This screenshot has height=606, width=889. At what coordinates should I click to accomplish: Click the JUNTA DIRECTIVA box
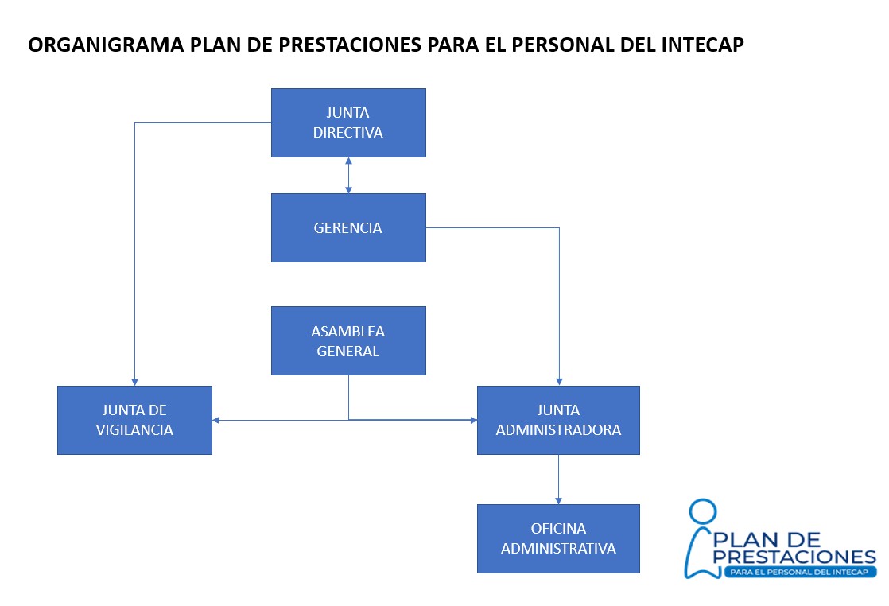click(348, 122)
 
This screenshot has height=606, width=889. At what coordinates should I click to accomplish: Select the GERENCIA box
click(348, 227)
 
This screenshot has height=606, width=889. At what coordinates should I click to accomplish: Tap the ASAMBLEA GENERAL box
click(348, 340)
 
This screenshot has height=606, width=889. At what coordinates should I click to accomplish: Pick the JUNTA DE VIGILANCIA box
click(134, 420)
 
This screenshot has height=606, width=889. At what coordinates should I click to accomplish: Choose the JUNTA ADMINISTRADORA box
click(558, 420)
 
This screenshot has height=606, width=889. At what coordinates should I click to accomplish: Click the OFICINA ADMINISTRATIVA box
click(558, 538)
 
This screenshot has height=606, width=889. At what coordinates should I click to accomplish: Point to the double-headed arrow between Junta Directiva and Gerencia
click(348, 175)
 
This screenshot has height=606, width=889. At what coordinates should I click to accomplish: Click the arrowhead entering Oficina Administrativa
click(558, 499)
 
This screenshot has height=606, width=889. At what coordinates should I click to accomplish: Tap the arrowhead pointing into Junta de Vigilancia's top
click(134, 381)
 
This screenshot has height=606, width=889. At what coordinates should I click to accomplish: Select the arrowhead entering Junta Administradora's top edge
click(559, 381)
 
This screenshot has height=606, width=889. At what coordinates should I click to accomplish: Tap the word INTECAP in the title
click(701, 45)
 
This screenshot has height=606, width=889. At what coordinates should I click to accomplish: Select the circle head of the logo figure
click(702, 513)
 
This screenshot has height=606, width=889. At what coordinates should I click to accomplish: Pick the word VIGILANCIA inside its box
click(134, 430)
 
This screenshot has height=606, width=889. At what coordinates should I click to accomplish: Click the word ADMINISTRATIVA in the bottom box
click(558, 549)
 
